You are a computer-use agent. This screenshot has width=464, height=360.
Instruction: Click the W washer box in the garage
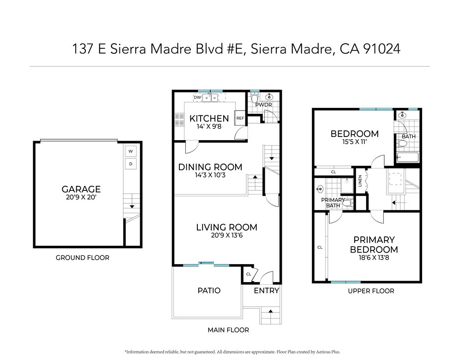(x=131, y=151)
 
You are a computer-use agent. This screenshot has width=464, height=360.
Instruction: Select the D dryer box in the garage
(x=131, y=164)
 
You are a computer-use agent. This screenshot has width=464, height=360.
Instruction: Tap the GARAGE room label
(x=81, y=189)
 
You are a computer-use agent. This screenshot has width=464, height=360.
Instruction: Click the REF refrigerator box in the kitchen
(x=240, y=118)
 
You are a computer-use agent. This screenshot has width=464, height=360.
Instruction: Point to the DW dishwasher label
(x=197, y=97)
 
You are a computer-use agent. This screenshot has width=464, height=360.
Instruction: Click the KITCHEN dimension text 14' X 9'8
(x=209, y=127)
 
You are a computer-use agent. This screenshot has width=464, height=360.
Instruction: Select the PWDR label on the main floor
(x=264, y=105)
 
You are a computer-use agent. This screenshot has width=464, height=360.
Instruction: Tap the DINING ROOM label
(x=210, y=167)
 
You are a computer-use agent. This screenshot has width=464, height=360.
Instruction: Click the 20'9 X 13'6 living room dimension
(x=226, y=236)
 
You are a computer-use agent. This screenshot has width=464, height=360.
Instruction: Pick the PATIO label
(x=208, y=290)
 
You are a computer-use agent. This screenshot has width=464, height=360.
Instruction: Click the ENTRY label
(x=267, y=290)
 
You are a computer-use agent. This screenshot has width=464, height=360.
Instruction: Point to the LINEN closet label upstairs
(x=360, y=183)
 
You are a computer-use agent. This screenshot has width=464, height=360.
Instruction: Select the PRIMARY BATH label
(x=333, y=202)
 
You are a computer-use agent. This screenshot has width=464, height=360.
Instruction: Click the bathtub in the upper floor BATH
(x=407, y=158)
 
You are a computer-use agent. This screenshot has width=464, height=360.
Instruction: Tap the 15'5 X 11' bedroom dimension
(x=354, y=142)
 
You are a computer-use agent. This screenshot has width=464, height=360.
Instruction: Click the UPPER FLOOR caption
(x=371, y=291)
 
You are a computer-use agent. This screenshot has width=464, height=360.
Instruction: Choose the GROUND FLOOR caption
(x=83, y=258)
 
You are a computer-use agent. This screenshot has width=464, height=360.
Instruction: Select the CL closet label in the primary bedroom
(x=320, y=248)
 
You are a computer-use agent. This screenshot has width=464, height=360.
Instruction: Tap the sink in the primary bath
(x=321, y=189)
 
